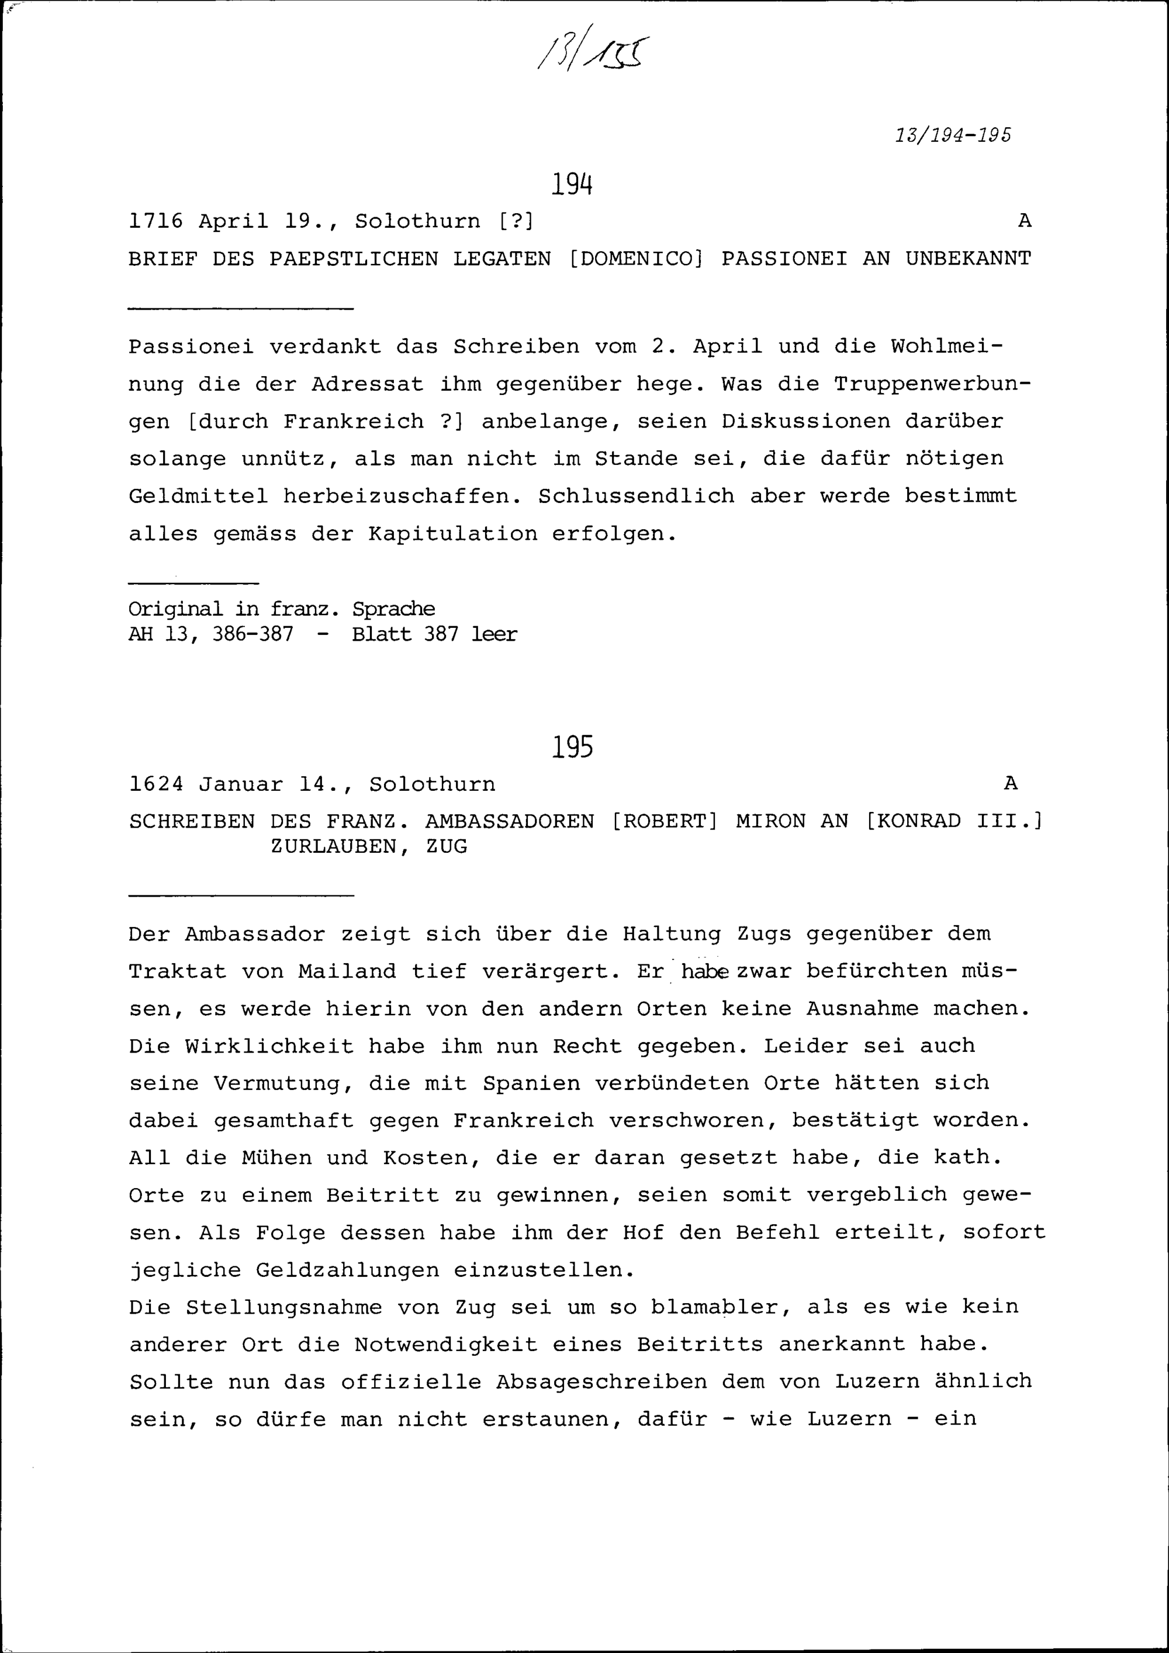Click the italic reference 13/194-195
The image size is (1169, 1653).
pyautogui.click(x=953, y=136)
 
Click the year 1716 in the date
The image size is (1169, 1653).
pyautogui.click(x=156, y=221)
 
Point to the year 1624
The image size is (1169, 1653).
pyautogui.click(x=156, y=784)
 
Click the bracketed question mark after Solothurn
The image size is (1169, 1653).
pyautogui.click(x=516, y=221)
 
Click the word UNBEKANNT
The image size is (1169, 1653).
pyautogui.click(x=968, y=258)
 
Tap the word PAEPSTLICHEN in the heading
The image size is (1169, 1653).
pyautogui.click(x=354, y=258)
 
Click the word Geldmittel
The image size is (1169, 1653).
pyautogui.click(x=198, y=496)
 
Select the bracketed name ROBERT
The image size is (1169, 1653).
pyautogui.click(x=664, y=821)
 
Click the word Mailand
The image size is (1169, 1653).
pyautogui.click(x=347, y=972)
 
